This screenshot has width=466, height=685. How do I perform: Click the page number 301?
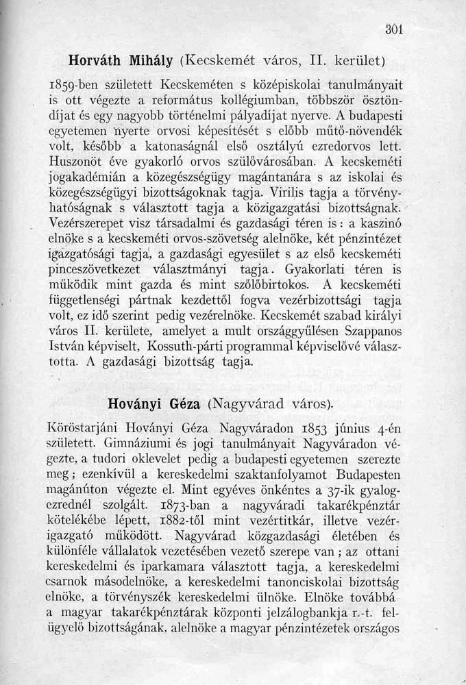393,29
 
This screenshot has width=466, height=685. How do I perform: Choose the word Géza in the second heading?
180,403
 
